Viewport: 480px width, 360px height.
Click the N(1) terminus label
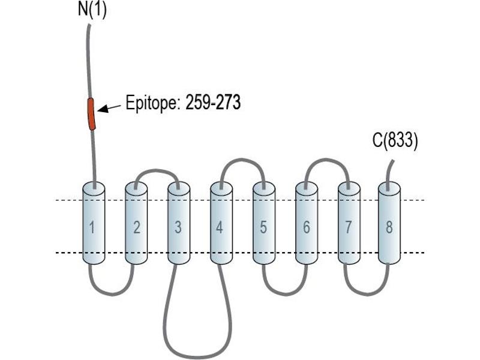pos(92,10)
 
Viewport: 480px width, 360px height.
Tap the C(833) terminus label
pos(395,142)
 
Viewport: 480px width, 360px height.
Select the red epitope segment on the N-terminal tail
pos(91,114)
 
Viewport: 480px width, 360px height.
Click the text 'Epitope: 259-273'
pos(183,103)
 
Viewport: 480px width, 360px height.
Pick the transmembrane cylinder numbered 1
pos(94,223)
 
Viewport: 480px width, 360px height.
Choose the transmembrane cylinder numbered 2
pos(136,223)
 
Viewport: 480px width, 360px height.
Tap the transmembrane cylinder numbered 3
pos(179,223)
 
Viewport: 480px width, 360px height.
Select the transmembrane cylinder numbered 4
pos(221,223)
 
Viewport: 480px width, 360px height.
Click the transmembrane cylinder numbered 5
pos(264,223)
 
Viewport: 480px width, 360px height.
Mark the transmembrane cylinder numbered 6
pos(307,223)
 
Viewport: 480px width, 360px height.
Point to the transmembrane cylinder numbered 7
pos(349,223)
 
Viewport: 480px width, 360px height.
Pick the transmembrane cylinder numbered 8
pos(389,223)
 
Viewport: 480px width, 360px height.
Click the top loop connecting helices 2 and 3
pos(157,170)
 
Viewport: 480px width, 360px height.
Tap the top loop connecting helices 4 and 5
pos(242,160)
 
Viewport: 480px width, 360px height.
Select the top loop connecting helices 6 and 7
pos(327,160)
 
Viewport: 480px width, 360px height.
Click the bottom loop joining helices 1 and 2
pos(112,294)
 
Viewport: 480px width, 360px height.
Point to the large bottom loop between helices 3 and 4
pos(196,357)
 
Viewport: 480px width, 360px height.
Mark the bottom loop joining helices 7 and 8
pos(367,294)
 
